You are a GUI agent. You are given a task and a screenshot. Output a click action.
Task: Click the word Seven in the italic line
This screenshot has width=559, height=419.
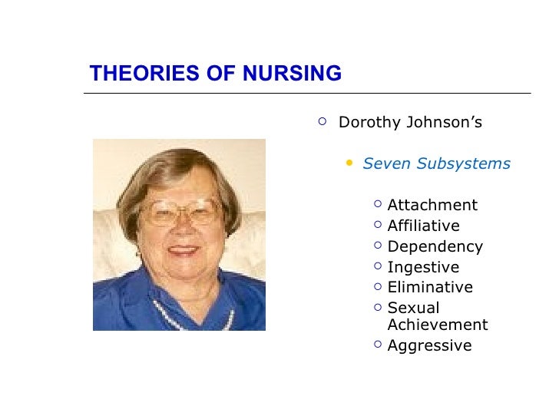382,163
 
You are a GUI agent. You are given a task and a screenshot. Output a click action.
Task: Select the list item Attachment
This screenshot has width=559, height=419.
432,205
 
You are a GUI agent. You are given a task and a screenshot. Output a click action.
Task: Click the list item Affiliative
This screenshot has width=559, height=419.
423,226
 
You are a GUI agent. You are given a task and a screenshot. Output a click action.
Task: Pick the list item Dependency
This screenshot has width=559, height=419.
435,246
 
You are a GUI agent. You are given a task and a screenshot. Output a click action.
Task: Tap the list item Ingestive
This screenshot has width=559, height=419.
423,267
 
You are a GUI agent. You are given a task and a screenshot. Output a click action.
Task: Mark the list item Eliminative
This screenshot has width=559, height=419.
430,287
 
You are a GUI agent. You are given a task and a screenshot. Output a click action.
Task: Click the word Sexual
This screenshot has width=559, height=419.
413,308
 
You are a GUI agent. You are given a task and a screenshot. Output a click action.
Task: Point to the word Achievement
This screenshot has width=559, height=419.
438,325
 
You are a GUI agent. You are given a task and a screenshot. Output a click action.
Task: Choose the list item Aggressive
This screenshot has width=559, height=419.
429,345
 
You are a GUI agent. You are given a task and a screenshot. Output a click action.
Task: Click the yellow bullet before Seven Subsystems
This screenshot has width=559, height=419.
350,163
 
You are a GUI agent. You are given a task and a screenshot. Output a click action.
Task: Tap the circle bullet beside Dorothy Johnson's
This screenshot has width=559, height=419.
322,120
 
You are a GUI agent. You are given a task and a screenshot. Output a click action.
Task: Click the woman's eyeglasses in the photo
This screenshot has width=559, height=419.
182,212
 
